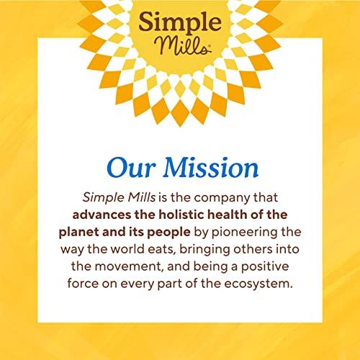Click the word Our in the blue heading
pos(130,168)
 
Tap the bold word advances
pos(101,215)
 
